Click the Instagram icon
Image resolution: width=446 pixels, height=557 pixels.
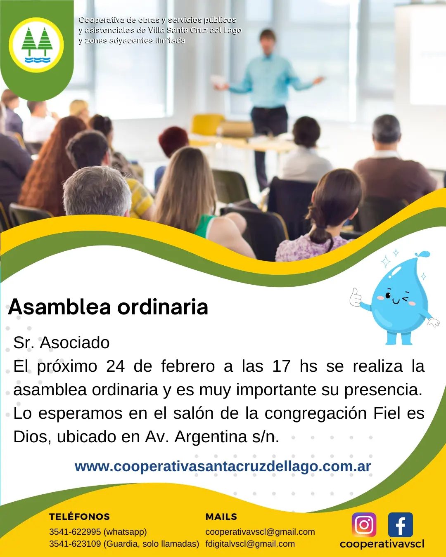364,525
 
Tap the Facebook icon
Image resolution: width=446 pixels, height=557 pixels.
400,525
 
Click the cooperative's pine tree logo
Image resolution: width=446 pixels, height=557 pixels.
37,45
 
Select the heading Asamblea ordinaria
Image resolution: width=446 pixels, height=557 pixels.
108,307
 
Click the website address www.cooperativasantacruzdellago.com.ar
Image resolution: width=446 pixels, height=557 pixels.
223,466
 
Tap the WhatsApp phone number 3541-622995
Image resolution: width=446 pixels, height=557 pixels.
75,532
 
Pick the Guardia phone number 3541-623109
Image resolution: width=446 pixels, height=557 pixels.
75,544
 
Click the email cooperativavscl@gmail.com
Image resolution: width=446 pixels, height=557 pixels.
260,532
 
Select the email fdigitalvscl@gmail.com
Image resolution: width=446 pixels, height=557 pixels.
250,544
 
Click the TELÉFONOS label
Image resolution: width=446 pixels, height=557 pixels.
79,517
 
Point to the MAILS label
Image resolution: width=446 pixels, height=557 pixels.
221,517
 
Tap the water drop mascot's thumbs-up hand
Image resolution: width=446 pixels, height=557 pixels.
356,297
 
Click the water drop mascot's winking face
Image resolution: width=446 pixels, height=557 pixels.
396,298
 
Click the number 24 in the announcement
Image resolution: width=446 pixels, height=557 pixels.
115,366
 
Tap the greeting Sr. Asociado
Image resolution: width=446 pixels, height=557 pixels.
62,342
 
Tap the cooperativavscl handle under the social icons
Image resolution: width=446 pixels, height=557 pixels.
382,544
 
